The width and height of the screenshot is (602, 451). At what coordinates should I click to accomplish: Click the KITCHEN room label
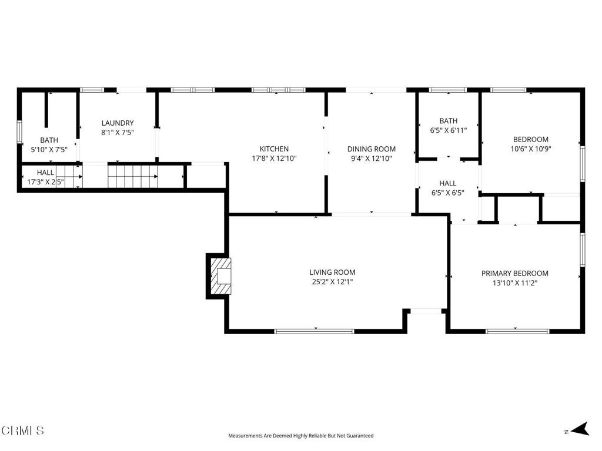[274, 149]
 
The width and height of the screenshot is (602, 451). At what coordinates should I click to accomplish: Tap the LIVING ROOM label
[332, 272]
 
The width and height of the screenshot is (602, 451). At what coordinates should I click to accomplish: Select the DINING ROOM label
[371, 149]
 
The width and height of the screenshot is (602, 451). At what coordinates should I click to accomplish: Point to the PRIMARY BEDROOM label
[514, 274]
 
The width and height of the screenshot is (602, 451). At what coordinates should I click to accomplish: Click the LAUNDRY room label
[118, 123]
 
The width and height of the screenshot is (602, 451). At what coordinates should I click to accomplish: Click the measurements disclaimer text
[300, 436]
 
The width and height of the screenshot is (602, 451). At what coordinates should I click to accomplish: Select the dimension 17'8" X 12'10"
[274, 159]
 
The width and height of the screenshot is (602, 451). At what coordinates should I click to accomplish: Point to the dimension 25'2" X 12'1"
[332, 282]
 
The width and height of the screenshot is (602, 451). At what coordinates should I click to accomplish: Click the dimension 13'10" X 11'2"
[514, 283]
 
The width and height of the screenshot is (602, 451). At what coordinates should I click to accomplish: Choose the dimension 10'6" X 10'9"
[530, 149]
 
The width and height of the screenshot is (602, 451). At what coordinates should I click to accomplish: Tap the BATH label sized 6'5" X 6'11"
[448, 121]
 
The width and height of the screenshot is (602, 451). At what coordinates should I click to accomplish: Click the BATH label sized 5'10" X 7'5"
[49, 140]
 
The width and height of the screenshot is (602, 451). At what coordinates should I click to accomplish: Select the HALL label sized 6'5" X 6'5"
[448, 183]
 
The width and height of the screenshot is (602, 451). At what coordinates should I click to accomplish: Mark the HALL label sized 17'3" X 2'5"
[45, 173]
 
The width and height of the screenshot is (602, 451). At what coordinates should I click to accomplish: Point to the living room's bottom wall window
[315, 331]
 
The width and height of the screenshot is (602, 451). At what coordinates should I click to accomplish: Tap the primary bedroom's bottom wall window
[517, 331]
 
